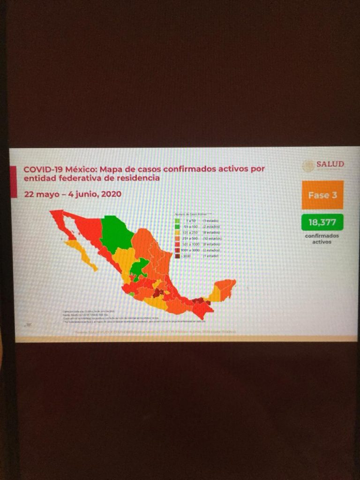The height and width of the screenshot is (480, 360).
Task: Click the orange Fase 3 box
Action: click(x=322, y=195)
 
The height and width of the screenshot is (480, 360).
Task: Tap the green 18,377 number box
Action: click(x=322, y=222)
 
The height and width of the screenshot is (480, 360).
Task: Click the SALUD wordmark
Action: click(x=330, y=165)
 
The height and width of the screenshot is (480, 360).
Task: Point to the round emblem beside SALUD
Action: click(x=308, y=165)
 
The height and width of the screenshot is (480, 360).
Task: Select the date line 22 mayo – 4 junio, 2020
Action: click(x=73, y=194)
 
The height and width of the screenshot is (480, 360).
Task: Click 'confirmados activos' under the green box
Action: click(x=322, y=239)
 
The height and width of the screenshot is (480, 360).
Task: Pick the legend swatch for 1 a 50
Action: click(x=178, y=220)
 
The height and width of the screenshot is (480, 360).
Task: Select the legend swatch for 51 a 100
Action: click(x=178, y=226)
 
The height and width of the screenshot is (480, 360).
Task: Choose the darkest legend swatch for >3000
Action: click(x=178, y=256)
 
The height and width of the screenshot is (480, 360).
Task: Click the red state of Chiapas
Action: click(x=202, y=309)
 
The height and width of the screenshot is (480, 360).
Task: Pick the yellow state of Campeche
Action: click(x=214, y=294)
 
